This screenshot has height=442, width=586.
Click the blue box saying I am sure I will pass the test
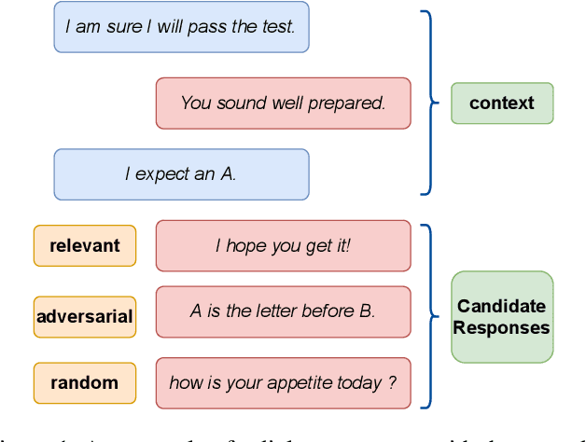coord(181,27)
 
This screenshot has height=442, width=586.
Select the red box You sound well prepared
coord(283,103)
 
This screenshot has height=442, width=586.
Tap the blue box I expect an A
coord(181,174)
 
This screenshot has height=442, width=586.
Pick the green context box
coord(502,103)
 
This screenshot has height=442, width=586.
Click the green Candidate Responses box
coord(502,317)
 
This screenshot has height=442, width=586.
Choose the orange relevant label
coord(85,246)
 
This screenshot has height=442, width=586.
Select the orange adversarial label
coord(85,317)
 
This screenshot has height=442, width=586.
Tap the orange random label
coord(85,382)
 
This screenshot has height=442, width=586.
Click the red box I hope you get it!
coord(283,246)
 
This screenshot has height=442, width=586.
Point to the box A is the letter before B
coord(283,311)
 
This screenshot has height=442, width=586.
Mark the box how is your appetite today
coord(283,382)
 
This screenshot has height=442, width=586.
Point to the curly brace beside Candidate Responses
coord(428,315)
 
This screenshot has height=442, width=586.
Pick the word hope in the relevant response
coord(244,246)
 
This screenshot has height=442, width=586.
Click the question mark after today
coord(392,382)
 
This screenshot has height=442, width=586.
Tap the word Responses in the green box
coord(502,328)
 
